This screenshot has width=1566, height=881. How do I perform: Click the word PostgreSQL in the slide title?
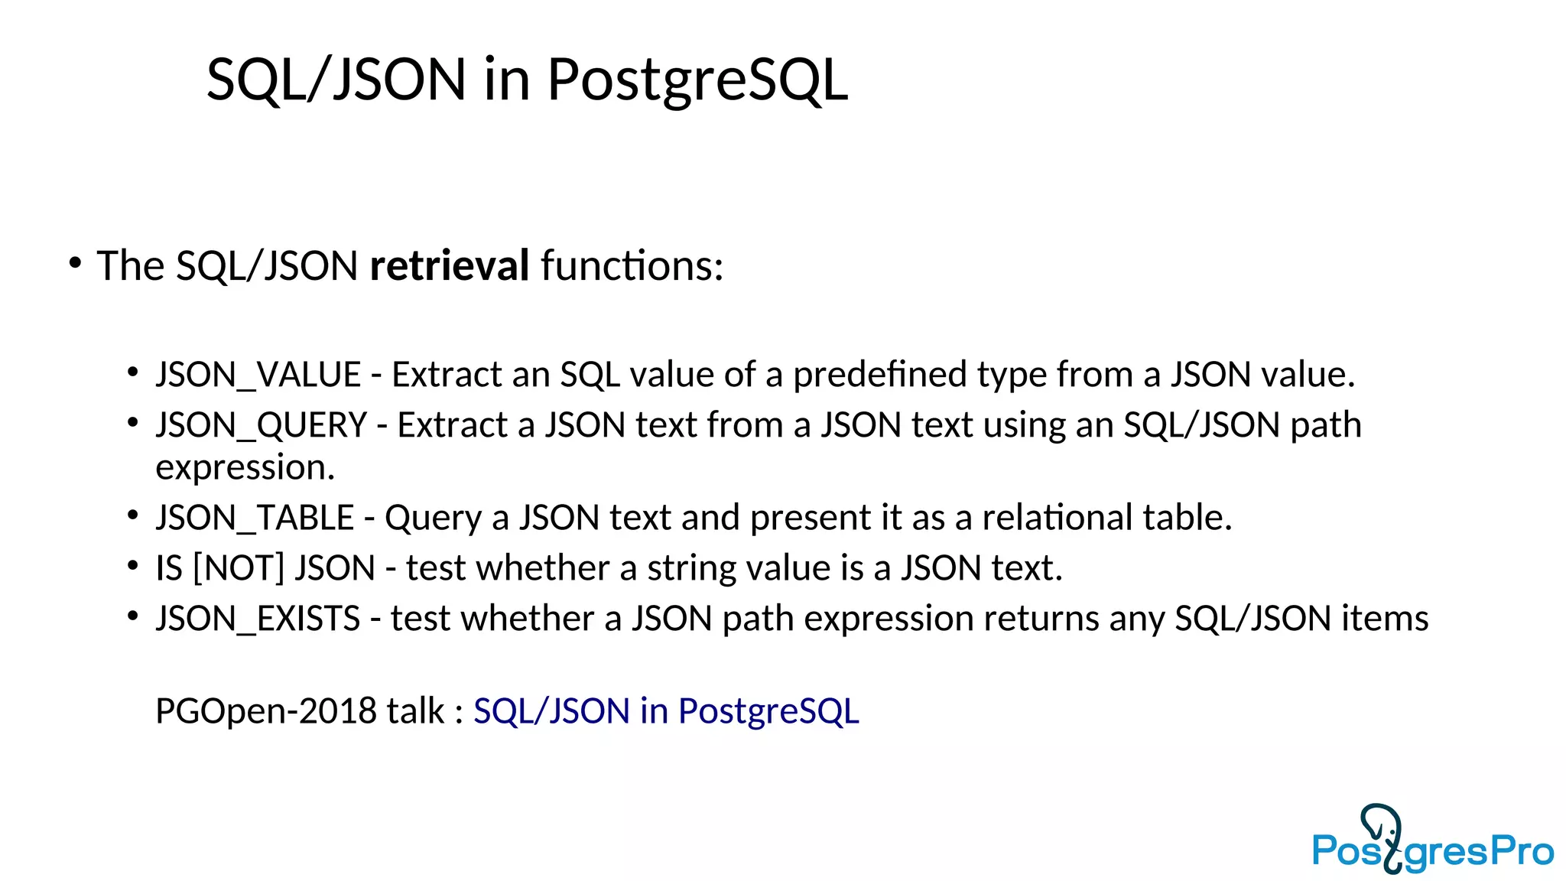pyautogui.click(x=697, y=80)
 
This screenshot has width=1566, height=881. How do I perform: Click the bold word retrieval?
pyautogui.click(x=449, y=266)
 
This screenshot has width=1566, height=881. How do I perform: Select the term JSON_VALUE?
pyautogui.click(x=258, y=375)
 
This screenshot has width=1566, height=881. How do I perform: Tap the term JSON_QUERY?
pyautogui.click(x=261, y=425)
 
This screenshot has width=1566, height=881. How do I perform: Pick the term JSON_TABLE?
pyautogui.click(x=255, y=518)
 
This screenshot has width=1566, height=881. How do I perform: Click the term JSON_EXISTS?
pyautogui.click(x=258, y=619)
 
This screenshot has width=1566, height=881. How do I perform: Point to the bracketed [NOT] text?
pyautogui.click(x=239, y=568)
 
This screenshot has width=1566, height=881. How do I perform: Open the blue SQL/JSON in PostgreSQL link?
pyautogui.click(x=666, y=711)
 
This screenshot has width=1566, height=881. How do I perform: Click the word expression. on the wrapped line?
pyautogui.click(x=245, y=467)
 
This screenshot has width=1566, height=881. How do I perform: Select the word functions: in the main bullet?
pyautogui.click(x=632, y=266)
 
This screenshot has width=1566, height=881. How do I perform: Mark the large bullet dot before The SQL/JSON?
pyautogui.click(x=75, y=263)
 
